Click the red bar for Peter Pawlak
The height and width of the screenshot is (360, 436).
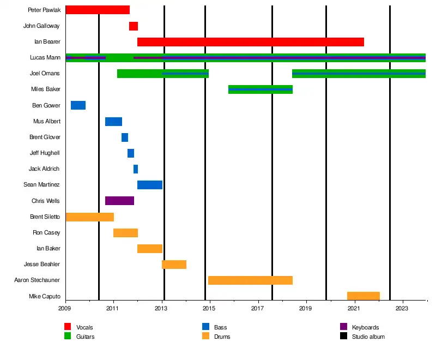point(98,10)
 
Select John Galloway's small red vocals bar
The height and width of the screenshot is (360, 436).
point(134,26)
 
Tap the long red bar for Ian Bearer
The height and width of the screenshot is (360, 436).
point(251,42)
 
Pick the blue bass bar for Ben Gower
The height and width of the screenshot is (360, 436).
point(78,105)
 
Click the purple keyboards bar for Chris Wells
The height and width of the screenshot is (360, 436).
point(119,201)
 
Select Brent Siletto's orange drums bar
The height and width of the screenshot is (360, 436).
point(89,217)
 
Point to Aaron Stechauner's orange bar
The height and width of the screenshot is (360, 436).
point(250,280)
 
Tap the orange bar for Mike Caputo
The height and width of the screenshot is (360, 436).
point(364,296)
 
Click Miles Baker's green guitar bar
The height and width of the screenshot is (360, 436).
point(261,89)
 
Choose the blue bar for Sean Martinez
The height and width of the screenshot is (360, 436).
point(150,185)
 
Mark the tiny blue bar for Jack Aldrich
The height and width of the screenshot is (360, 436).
point(136,169)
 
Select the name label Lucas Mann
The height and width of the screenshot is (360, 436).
point(45,57)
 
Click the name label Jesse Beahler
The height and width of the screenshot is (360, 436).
point(42,265)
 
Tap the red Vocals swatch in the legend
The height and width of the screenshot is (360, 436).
point(68,327)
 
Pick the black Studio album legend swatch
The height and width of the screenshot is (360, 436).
point(343,337)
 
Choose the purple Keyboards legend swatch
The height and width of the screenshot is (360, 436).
point(343,327)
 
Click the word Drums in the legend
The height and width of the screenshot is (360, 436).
point(222,337)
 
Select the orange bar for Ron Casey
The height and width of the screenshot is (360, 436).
point(125,233)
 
